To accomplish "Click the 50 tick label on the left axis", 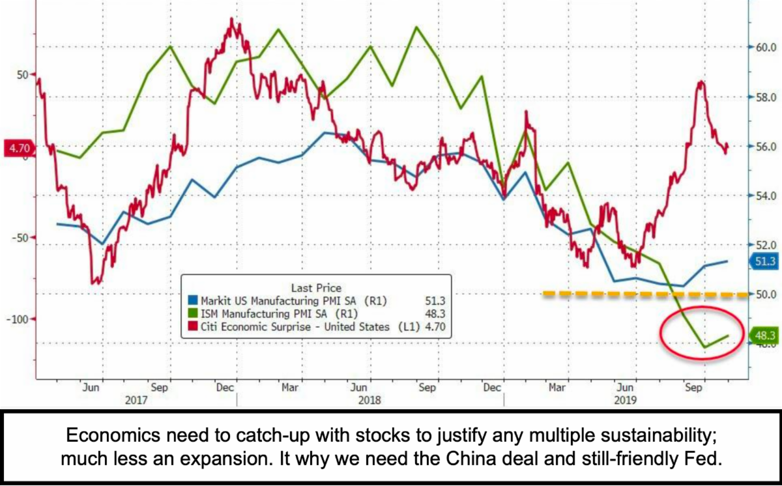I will pyautogui.click(x=22, y=74).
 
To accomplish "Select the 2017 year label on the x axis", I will pyautogui.click(x=136, y=399).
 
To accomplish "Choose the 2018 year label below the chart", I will pyautogui.click(x=370, y=399).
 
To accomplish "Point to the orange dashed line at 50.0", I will pyautogui.click(x=645, y=294).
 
